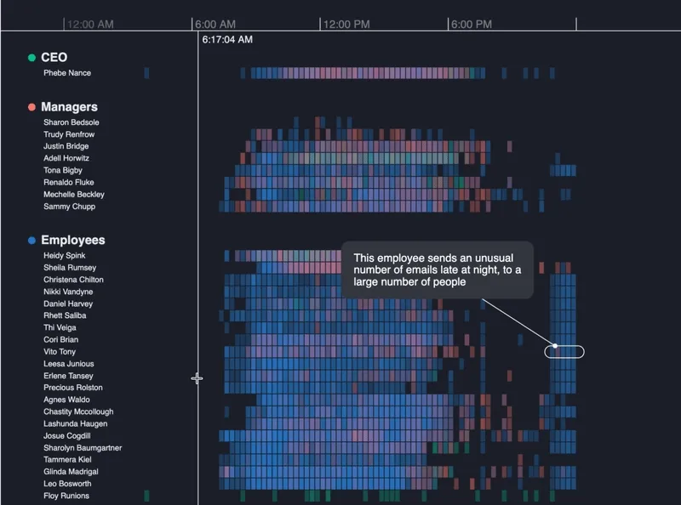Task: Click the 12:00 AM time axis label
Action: tap(90, 25)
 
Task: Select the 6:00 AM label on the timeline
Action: tap(215, 25)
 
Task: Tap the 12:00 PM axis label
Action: tap(346, 25)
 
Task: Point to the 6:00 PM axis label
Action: tap(472, 25)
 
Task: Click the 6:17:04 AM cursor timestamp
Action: tap(227, 39)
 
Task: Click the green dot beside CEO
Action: tap(31, 58)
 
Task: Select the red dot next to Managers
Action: tap(31, 107)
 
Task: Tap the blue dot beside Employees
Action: tap(31, 241)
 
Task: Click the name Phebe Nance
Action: tap(67, 73)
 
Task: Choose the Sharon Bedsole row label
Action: tap(72, 122)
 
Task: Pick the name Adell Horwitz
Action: tap(66, 158)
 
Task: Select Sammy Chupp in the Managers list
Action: tap(69, 207)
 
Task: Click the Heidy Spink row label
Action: tap(65, 256)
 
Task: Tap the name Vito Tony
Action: tap(60, 352)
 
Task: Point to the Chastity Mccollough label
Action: tap(78, 411)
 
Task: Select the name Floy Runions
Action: tap(66, 496)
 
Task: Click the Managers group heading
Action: tap(70, 107)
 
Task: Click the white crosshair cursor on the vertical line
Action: tap(197, 379)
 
